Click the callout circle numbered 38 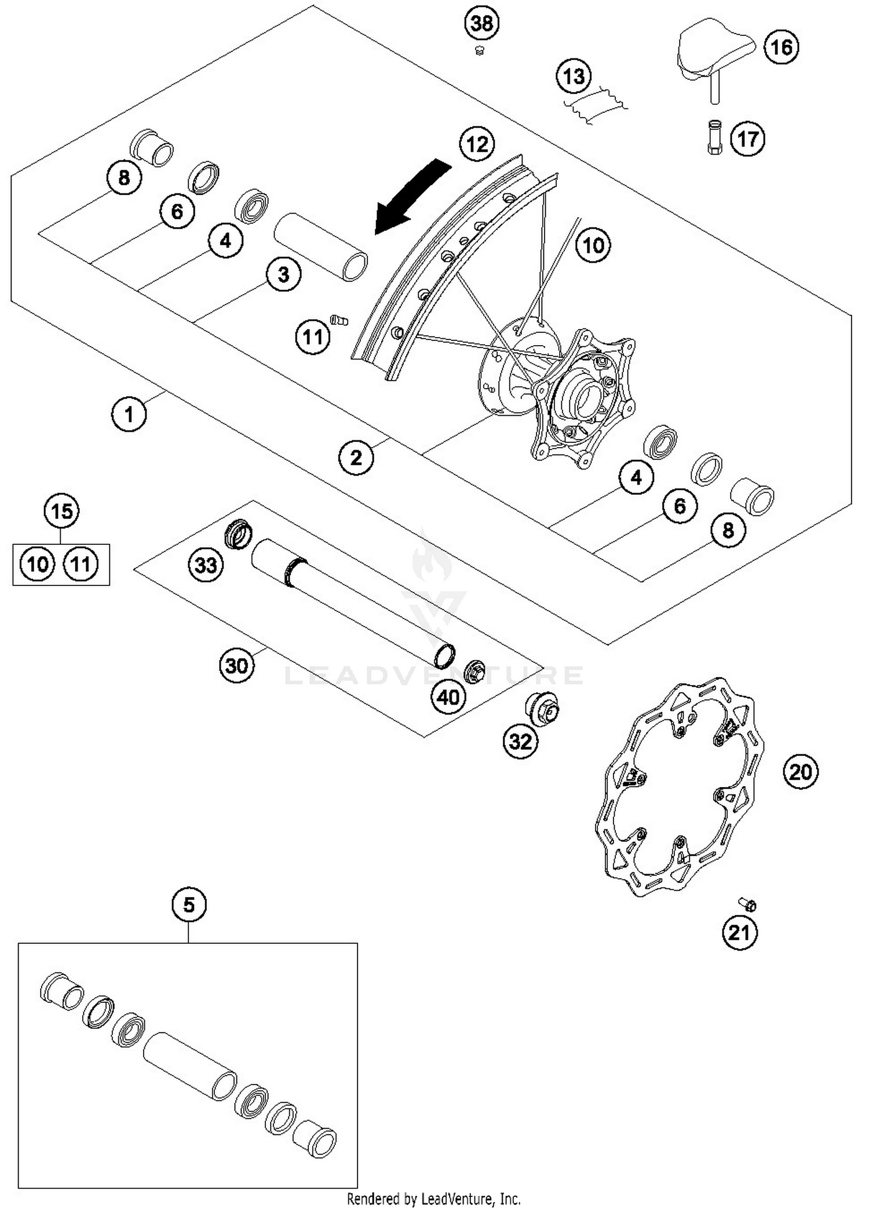coord(482,23)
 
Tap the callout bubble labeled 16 coord(781,47)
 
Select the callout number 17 coord(747,139)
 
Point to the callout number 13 coord(574,76)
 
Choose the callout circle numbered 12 coord(477,144)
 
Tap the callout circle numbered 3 coord(283,274)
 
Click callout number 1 coord(129,414)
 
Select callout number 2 coord(356,457)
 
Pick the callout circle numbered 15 coord(61,511)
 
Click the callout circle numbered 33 coord(206,565)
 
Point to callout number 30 coord(236,666)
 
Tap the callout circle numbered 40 coord(448,697)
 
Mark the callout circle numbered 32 coord(520,741)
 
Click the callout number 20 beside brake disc coord(801,771)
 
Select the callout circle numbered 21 coord(740,932)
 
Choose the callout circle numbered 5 coord(189,904)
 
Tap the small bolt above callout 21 coord(748,903)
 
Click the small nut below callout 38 coord(479,51)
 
